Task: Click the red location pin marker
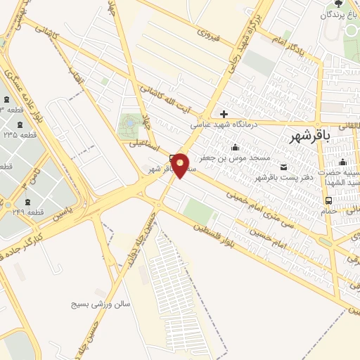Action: tap(181, 165)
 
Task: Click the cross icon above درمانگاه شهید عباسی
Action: tap(224, 114)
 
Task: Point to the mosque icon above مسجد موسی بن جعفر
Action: tap(235, 147)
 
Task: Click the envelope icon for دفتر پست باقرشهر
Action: tap(284, 167)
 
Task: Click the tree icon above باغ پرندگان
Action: tap(339, 4)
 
